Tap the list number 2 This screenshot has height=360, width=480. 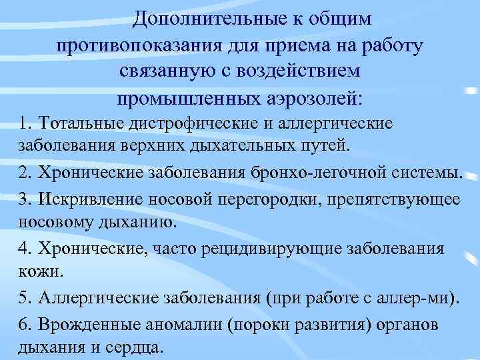pyautogui.click(x=25, y=173)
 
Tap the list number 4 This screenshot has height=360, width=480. pyautogui.click(x=25, y=249)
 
